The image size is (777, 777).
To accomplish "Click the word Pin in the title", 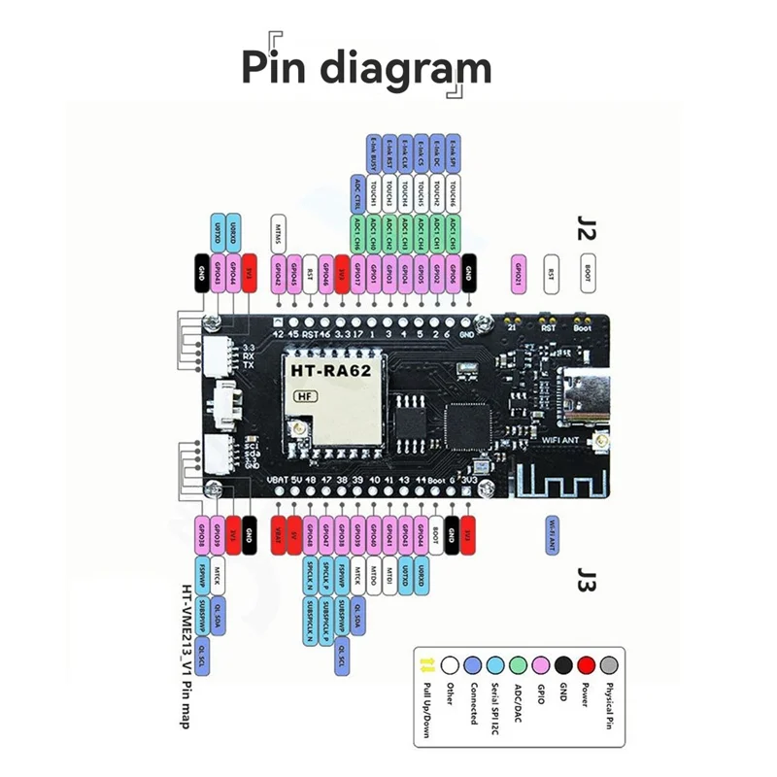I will click(277, 69).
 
